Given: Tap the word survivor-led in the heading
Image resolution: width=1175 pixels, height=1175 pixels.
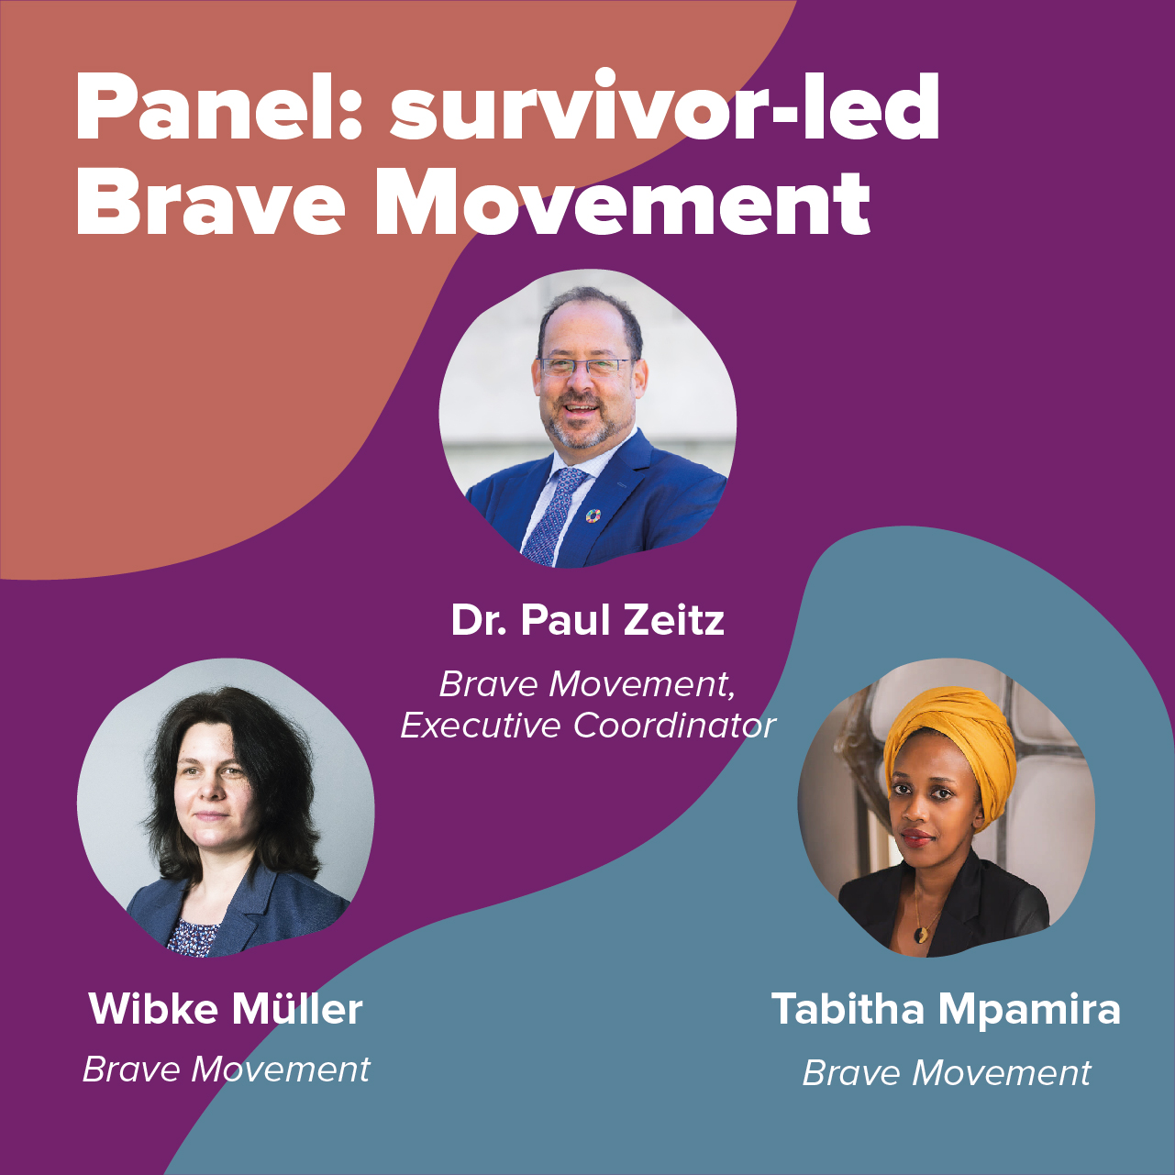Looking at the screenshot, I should pyautogui.click(x=665, y=108).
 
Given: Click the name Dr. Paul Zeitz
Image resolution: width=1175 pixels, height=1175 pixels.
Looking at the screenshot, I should pyautogui.click(x=587, y=621).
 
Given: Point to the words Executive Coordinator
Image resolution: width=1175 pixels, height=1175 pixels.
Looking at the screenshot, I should pyautogui.click(x=588, y=726).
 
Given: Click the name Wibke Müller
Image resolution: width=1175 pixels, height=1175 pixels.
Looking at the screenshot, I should pyautogui.click(x=226, y=1010).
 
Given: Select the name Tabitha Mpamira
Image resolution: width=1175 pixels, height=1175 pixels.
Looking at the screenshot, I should pyautogui.click(x=946, y=1010).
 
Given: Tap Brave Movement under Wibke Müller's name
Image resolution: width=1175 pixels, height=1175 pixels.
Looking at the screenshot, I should pyautogui.click(x=226, y=1070).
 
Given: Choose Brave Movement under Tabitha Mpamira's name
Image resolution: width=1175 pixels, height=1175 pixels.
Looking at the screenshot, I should pyautogui.click(x=946, y=1073).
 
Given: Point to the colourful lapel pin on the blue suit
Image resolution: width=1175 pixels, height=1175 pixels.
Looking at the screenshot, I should pyautogui.click(x=593, y=516).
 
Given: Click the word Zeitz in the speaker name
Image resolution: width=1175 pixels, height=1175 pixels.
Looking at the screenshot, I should pyautogui.click(x=674, y=621).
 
